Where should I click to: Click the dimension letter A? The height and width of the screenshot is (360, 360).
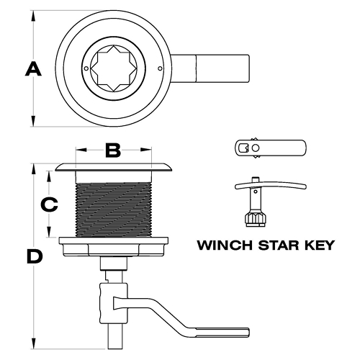(x=33, y=69)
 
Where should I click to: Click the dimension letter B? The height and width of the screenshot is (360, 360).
(x=113, y=150)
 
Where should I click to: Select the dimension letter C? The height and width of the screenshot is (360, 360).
(x=49, y=204)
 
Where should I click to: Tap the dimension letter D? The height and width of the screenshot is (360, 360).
(x=35, y=256)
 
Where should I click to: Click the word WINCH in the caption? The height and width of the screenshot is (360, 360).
(x=225, y=245)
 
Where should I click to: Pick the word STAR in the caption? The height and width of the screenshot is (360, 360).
(x=279, y=245)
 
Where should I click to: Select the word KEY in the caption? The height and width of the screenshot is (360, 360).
(x=320, y=245)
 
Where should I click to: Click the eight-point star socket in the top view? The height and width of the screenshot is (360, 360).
(x=114, y=68)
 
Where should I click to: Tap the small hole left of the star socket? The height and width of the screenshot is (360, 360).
(x=86, y=68)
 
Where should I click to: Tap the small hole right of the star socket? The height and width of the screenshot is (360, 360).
(x=160, y=68)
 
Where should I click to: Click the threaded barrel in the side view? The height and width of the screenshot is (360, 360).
(x=114, y=210)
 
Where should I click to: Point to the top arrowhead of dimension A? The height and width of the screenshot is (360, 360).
(x=33, y=17)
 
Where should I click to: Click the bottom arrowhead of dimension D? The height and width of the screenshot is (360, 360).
(x=33, y=343)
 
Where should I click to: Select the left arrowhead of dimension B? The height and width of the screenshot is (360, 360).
(x=81, y=150)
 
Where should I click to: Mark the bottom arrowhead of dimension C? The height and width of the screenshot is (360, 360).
(x=49, y=232)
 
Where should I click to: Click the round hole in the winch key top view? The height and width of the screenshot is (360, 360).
(x=256, y=148)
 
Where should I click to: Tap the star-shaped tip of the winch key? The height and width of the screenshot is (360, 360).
(x=256, y=219)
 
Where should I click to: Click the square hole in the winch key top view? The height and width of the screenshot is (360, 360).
(x=243, y=148)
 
